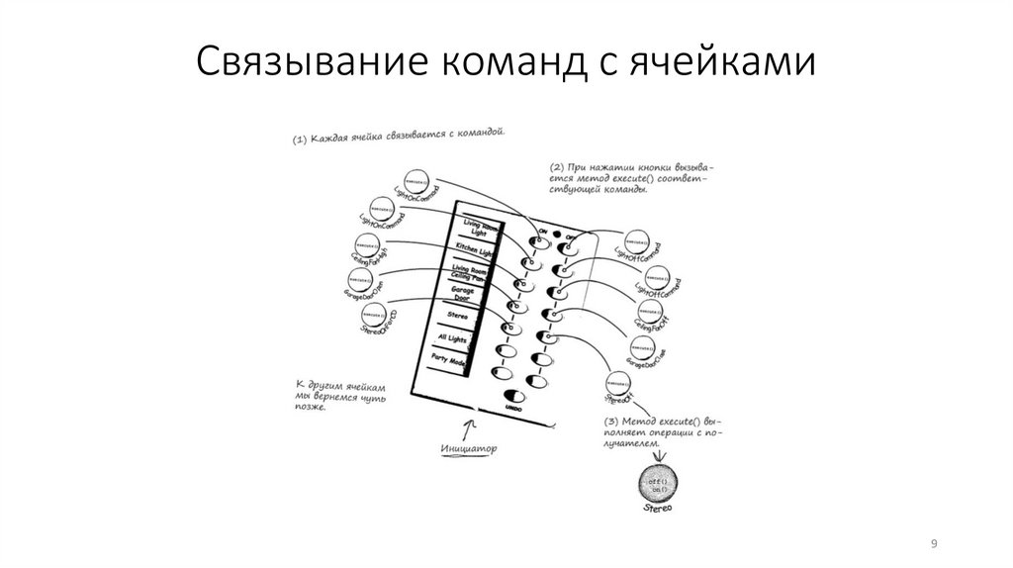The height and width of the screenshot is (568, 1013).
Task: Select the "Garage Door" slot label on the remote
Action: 463,295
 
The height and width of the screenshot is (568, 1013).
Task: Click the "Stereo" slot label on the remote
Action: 457,318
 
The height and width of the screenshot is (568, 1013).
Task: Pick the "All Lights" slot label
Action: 452,339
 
